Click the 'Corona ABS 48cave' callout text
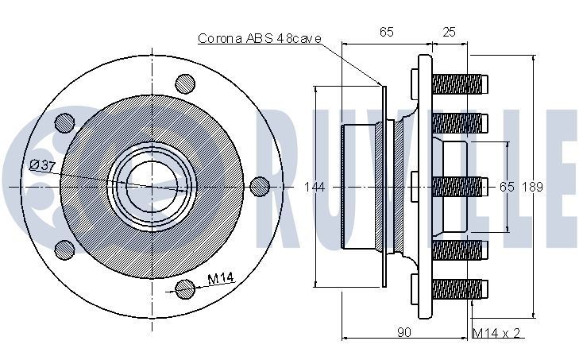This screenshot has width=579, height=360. tap(248, 37)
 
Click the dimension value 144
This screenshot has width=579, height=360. tap(315, 188)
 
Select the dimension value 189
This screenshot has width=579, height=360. tap(532, 188)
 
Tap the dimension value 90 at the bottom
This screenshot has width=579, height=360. tap(403, 332)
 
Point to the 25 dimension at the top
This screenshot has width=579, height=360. tap(449, 32)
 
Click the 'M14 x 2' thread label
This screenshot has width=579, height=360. tap(496, 332)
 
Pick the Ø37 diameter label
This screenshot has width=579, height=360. tap(41, 165)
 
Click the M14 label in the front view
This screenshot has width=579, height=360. tap(219, 279)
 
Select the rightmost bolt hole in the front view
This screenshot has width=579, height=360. tap(259, 185)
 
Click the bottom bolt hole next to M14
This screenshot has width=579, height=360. tap(184, 289)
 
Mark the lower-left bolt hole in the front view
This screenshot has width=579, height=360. tap(64, 249)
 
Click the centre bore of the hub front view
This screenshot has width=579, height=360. tap(152, 185)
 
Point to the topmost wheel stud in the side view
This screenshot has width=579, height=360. tap(458, 83)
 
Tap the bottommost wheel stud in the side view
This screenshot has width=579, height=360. tap(458, 288)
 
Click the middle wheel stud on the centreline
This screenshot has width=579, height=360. tap(458, 186)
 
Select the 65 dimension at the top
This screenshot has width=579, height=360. tap(387, 32)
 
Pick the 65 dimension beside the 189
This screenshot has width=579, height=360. tap(507, 188)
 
